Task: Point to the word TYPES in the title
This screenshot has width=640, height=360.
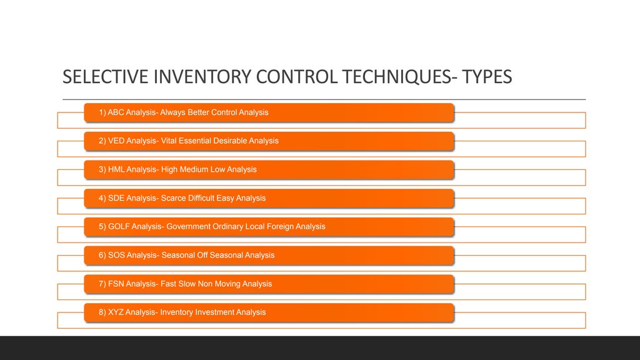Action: tap(487, 76)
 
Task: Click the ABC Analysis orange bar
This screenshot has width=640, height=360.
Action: tap(269, 112)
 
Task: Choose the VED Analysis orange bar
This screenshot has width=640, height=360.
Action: tap(269, 141)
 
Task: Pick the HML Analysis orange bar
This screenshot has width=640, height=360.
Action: tap(269, 169)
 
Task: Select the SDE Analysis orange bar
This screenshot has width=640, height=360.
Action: tap(269, 198)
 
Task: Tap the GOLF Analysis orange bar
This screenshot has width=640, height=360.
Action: tap(269, 227)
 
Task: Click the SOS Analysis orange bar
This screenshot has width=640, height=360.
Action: tap(269, 256)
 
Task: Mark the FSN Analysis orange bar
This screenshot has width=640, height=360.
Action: tap(269, 284)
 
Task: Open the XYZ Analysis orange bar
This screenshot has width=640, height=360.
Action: tap(269, 312)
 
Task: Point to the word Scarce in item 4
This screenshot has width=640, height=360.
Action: tap(174, 198)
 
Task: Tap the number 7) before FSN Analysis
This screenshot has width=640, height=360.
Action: tap(102, 284)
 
